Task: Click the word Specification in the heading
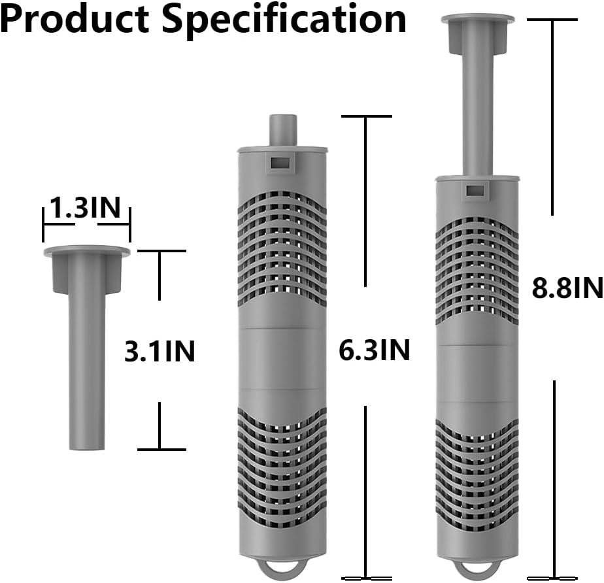[x=284, y=20]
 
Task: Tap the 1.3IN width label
[x=86, y=208]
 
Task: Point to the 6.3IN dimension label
[x=374, y=350]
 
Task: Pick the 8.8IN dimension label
[x=566, y=287]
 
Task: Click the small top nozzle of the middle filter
[x=280, y=130]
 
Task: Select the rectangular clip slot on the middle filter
[x=280, y=161]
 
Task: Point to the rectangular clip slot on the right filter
[x=477, y=190]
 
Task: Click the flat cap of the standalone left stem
[x=86, y=251]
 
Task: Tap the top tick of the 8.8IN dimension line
[x=553, y=20]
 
